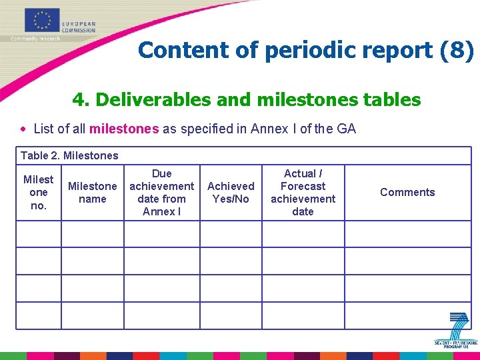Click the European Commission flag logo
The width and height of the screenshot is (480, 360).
point(43,20)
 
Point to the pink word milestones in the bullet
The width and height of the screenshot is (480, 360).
point(124,129)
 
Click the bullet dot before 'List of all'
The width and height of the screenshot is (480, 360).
point(24,129)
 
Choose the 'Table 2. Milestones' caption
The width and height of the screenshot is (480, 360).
point(69,156)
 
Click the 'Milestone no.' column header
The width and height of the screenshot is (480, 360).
point(39,192)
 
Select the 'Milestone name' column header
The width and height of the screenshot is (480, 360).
point(92,192)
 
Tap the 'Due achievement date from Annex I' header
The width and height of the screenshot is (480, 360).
point(161,192)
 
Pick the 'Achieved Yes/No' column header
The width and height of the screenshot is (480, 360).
point(231,192)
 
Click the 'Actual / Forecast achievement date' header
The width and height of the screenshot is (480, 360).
point(303,192)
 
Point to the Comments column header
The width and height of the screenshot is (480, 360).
point(407,192)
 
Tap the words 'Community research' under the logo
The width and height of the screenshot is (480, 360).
point(35,39)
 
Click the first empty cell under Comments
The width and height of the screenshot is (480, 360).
point(407,234)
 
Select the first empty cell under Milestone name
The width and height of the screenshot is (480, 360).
point(92,234)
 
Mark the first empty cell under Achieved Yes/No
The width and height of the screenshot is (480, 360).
point(231,234)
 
